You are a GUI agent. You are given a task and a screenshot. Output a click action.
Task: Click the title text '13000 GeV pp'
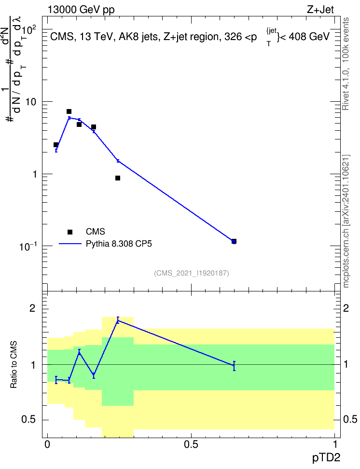point(81,10)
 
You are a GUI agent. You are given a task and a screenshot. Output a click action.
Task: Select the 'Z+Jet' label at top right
point(320,10)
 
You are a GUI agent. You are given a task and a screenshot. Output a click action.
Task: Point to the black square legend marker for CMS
point(70,232)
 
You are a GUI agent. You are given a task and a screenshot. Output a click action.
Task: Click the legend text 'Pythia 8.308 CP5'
point(119,244)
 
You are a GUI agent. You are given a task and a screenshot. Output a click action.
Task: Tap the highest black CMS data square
point(69,111)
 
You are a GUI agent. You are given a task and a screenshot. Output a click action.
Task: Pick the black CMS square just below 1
point(118,178)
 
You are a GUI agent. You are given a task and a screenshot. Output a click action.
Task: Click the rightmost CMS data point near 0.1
point(234,241)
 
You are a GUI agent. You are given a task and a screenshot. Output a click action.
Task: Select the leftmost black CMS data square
point(56,145)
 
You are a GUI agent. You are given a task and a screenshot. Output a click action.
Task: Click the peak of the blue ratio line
point(118,320)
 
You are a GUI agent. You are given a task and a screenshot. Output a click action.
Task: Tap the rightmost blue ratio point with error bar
point(234,366)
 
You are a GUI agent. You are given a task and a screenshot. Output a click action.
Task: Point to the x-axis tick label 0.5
point(191,444)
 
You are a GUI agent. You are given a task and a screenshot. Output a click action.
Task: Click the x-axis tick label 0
point(47,444)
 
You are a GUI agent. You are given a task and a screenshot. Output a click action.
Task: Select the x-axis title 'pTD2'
point(326,458)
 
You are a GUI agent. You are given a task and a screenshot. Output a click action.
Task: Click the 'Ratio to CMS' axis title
point(14,365)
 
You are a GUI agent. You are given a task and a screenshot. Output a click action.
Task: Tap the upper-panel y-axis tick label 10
point(31,102)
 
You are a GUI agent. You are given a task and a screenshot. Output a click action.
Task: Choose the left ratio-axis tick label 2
point(33,308)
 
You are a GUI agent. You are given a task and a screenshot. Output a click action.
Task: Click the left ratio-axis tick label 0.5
point(29,420)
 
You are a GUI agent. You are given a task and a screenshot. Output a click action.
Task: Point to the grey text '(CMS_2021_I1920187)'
point(192,273)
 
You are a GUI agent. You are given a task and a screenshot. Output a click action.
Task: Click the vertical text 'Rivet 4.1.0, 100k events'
point(346,64)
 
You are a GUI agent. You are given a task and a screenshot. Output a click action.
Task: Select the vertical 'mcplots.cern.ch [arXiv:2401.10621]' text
point(346,221)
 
